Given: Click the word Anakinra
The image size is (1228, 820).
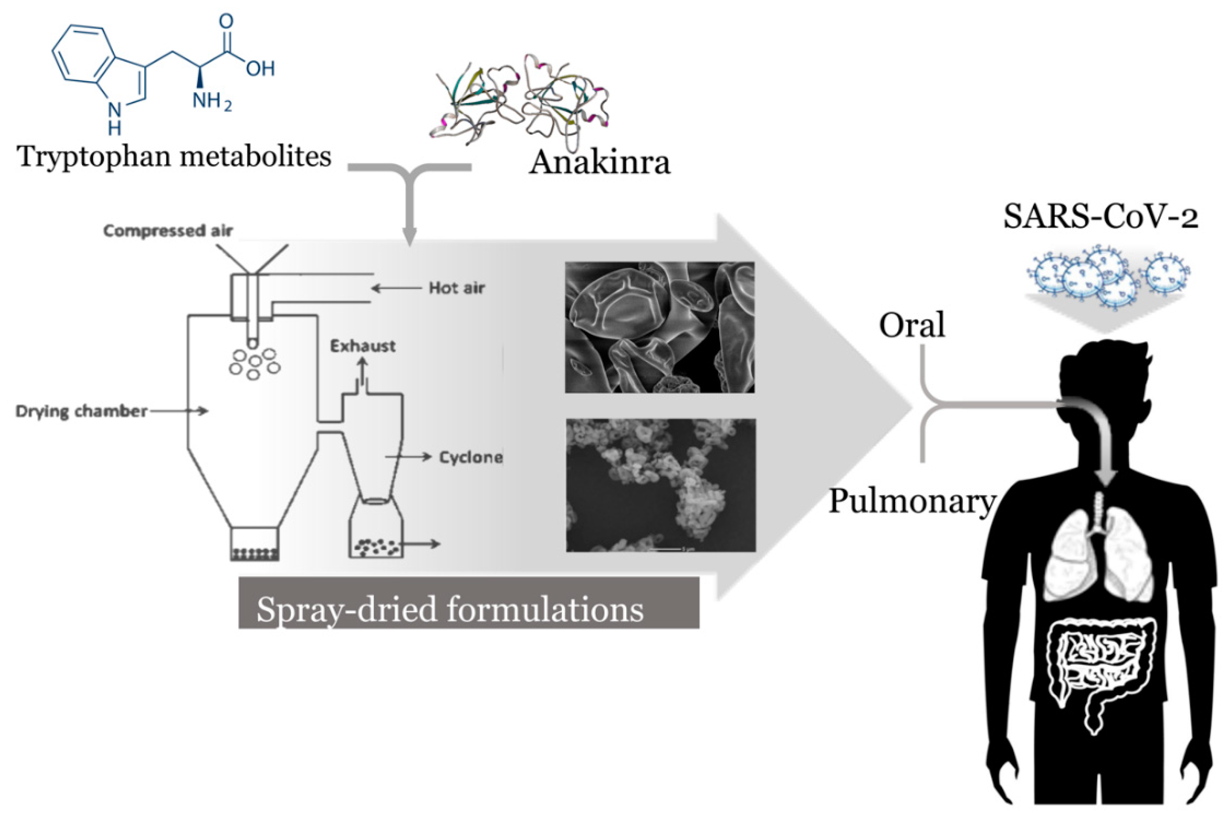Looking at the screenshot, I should [599, 162].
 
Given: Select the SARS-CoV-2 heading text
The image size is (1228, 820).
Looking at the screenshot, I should [1100, 216].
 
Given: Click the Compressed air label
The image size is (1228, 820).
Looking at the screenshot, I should [168, 231].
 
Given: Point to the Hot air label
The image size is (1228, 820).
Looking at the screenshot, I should [456, 288].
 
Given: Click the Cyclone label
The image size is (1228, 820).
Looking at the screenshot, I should [471, 457].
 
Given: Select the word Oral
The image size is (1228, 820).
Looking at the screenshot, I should [912, 325].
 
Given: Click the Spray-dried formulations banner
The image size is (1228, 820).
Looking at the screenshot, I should [468, 609].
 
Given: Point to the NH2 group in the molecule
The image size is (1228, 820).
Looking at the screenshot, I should [211, 99].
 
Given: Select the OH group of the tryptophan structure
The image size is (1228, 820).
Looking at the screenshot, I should [260, 68].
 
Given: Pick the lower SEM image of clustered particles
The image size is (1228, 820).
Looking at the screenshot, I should [660, 485].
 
